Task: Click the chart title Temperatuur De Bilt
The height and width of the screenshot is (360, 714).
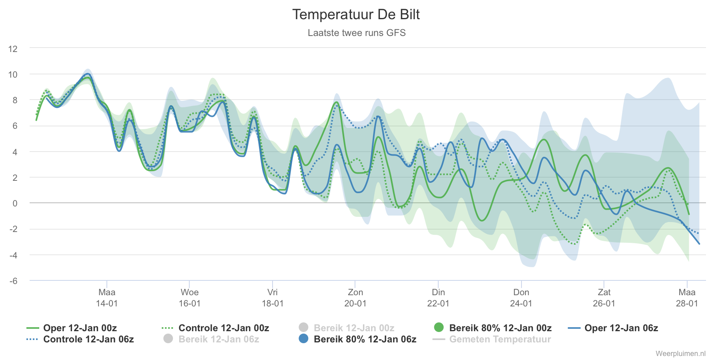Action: point(356,15)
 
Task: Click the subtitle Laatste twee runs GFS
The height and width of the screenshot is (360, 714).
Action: point(357,33)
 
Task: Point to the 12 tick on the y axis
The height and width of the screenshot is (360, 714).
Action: point(13,49)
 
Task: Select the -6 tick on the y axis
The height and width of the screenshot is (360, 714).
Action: point(13,281)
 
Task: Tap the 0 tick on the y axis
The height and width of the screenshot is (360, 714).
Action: point(15,203)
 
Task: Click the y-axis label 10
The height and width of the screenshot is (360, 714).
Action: point(13,74)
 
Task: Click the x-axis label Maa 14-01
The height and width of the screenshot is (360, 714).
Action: point(107,298)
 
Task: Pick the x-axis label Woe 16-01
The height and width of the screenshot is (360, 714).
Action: point(190,298)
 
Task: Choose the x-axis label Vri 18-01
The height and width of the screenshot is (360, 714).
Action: point(273,298)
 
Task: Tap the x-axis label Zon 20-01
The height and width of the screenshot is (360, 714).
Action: point(355,298)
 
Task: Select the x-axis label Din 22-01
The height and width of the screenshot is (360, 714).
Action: point(438,298)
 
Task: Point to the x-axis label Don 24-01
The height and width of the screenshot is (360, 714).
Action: point(521,298)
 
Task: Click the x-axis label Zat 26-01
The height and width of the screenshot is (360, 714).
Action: point(604,298)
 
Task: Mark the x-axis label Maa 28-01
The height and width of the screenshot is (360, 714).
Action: point(687,298)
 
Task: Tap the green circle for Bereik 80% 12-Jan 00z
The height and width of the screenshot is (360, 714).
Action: point(439,328)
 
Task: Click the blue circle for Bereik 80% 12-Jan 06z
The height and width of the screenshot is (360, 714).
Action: point(304,339)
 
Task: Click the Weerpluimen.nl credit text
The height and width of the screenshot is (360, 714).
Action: point(680,354)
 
